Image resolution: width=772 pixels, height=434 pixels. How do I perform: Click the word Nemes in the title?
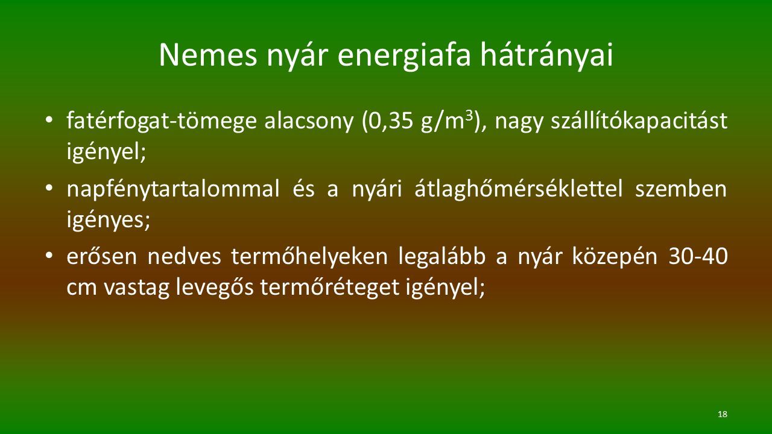[x=208, y=55]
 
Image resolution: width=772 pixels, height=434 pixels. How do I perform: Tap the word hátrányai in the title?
[x=547, y=55]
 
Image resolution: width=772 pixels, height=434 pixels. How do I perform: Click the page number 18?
[x=723, y=414]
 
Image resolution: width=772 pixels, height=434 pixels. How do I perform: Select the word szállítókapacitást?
[x=639, y=121]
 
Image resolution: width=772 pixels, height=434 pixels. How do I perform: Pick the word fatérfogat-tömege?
[x=162, y=121]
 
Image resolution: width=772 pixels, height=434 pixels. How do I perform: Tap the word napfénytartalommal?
[x=173, y=189]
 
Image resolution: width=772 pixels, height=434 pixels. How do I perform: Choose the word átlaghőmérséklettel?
[x=518, y=188]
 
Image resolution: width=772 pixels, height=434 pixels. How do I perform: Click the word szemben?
[x=681, y=189]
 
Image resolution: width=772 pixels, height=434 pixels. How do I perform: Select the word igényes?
[x=109, y=219]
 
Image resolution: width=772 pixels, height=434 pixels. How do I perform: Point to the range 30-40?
[x=698, y=257]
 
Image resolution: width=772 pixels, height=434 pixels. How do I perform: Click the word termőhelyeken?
[x=309, y=256]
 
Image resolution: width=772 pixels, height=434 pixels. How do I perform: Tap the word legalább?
[x=442, y=256]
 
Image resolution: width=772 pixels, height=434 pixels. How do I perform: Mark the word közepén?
[x=615, y=257]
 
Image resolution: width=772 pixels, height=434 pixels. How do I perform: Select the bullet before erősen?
[x=49, y=256]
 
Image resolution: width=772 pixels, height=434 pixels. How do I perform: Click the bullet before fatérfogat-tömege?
[x=49, y=120]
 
